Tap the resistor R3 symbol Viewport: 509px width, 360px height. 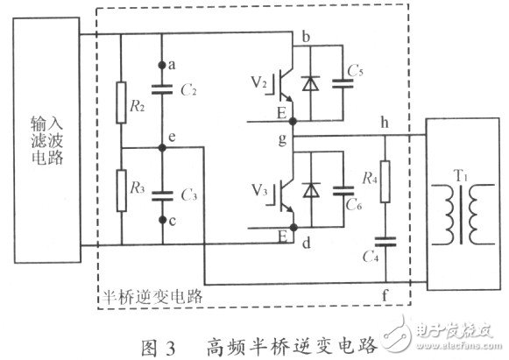(x=119, y=187)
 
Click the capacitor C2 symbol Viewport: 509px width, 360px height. (x=161, y=88)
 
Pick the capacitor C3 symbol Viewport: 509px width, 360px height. (x=161, y=195)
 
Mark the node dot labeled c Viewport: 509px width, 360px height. (x=161, y=220)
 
